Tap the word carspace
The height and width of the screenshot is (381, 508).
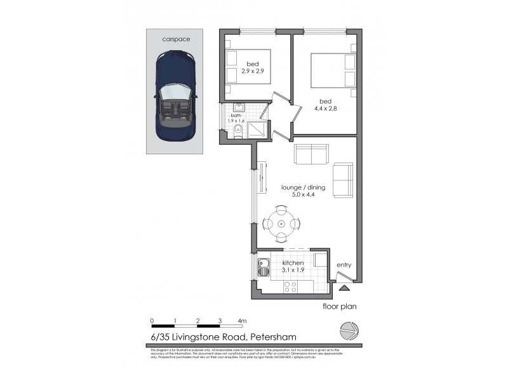(176, 39)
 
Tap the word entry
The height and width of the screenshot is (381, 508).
(344, 265)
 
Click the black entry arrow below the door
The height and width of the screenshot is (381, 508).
(344, 288)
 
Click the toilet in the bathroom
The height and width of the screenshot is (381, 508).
(236, 133)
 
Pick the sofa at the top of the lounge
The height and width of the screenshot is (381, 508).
(311, 154)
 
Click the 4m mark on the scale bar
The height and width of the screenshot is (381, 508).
(242, 320)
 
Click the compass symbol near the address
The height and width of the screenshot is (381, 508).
(347, 331)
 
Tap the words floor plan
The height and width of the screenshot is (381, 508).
(340, 306)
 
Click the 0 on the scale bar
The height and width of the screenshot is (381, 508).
(152, 320)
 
